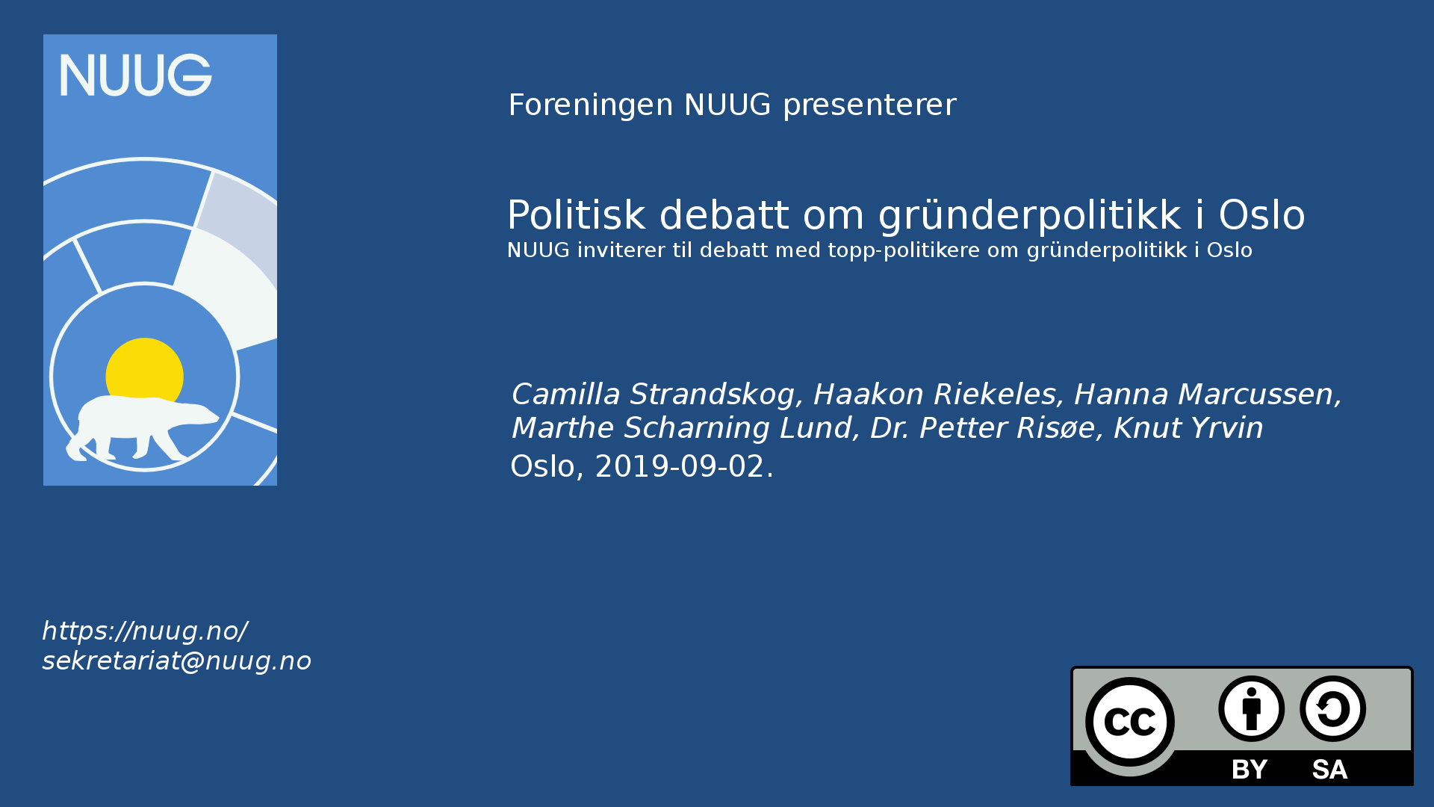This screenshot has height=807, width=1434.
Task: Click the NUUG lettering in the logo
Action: [136, 75]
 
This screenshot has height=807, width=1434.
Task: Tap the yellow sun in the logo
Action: [144, 370]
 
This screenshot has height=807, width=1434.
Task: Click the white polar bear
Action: [142, 427]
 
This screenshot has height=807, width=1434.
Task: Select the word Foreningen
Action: [591, 105]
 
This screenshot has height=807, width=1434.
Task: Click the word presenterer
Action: [869, 106]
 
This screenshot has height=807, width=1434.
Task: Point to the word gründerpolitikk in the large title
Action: [1030, 217]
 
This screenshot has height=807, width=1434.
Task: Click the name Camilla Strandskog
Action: [654, 394]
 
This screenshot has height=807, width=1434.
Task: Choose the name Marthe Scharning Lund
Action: [682, 428]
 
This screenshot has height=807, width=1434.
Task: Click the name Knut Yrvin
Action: [1188, 427]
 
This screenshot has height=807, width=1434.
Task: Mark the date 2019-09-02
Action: [680, 466]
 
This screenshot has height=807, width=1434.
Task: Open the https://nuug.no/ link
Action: [145, 631]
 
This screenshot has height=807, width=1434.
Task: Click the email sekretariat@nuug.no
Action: [177, 661]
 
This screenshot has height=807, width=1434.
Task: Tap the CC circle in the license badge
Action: [1129, 722]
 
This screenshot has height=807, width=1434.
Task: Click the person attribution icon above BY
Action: [1251, 708]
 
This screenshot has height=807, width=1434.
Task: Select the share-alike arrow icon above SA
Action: [1332, 708]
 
